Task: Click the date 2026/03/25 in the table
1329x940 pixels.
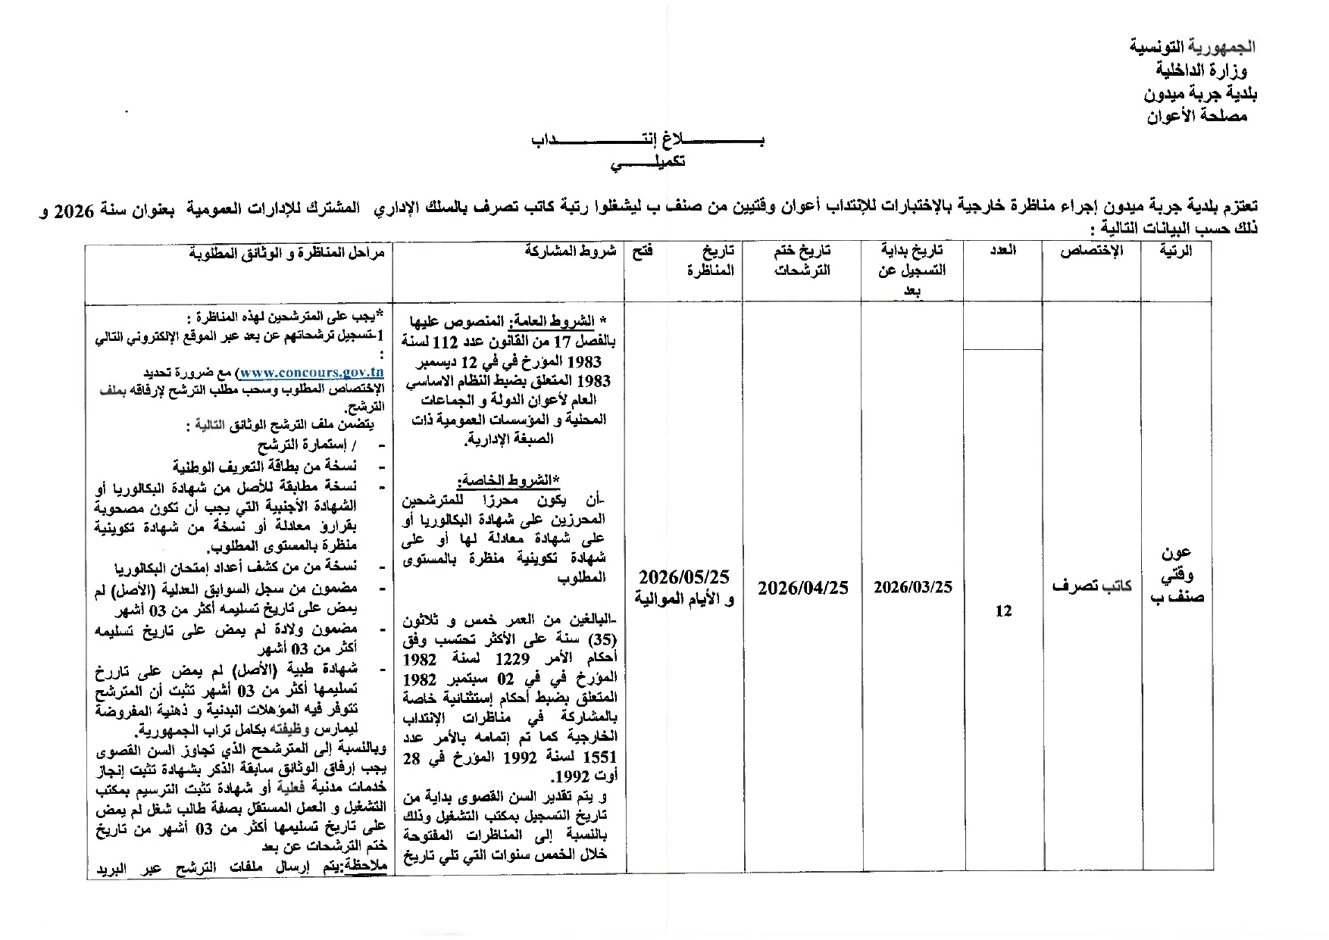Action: point(912,587)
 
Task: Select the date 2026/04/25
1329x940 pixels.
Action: point(802,588)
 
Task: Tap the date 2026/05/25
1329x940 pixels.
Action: point(683,578)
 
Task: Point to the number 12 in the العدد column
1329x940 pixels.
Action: point(1002,611)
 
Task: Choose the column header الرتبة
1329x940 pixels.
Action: point(1177,251)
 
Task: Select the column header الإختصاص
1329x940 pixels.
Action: point(1091,251)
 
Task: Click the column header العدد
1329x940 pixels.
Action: point(1002,251)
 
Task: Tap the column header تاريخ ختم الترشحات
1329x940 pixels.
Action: point(802,260)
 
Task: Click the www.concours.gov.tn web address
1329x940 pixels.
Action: point(311,373)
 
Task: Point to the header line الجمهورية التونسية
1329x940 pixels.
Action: point(1193,47)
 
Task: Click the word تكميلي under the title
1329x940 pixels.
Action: point(649,163)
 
